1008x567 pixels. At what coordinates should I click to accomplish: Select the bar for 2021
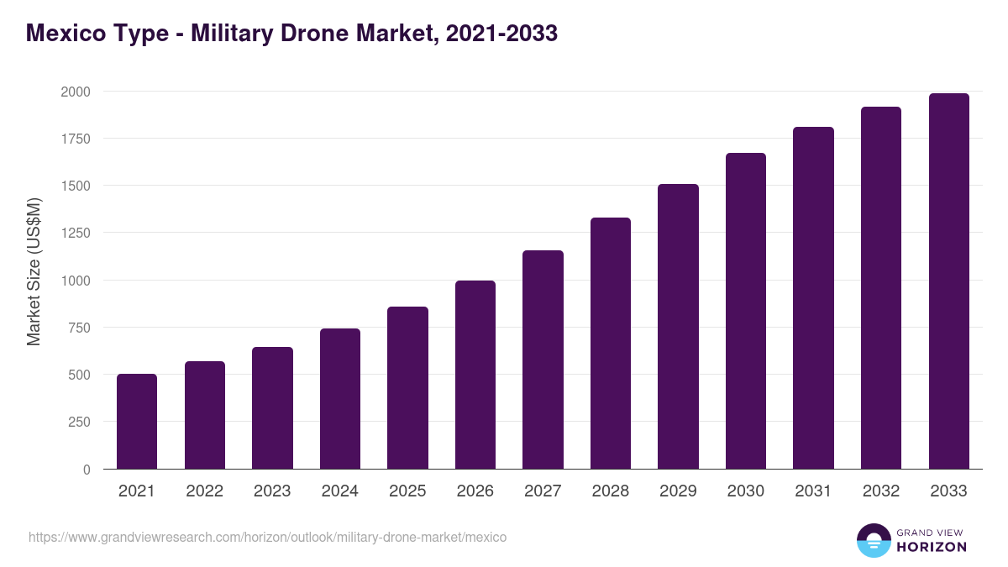[x=137, y=422]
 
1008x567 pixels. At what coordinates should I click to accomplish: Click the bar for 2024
[x=340, y=399]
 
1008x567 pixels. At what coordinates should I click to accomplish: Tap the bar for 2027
[x=543, y=360]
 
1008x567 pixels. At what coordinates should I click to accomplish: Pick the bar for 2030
[x=746, y=311]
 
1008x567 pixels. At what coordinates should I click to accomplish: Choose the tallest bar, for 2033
[x=948, y=281]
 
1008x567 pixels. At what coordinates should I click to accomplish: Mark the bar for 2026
[x=475, y=375]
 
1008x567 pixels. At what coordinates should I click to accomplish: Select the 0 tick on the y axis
[x=87, y=470]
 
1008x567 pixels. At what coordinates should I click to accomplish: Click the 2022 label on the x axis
[x=205, y=491]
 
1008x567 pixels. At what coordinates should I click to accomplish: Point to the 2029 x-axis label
[x=678, y=491]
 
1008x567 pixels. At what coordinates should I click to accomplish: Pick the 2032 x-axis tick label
[x=881, y=491]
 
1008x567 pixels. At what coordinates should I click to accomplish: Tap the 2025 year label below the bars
[x=407, y=491]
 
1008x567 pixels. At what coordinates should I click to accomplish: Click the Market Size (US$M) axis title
[x=34, y=271]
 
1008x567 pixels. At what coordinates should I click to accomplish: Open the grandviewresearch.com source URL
[x=267, y=537]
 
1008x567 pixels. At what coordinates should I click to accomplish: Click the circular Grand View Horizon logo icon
[x=873, y=540]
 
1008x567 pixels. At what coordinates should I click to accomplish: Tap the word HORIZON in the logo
[x=932, y=547]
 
